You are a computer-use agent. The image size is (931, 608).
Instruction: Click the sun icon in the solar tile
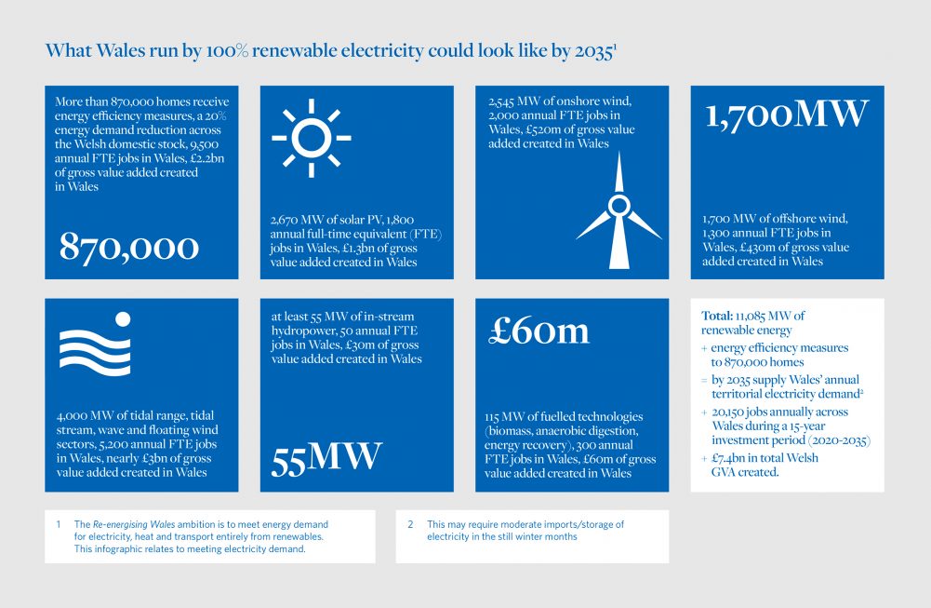(312, 138)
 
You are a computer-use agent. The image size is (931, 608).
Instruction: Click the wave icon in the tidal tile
(95, 345)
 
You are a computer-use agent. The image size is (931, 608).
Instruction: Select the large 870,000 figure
(129, 247)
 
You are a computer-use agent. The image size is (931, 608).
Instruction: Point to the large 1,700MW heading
(787, 115)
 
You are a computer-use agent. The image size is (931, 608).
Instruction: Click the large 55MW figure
(326, 459)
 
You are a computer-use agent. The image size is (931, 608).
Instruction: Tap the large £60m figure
(539, 331)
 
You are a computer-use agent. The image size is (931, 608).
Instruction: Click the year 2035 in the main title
(593, 51)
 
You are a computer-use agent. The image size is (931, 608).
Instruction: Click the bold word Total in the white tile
(717, 316)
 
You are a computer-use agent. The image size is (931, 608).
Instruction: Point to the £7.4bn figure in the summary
(728, 458)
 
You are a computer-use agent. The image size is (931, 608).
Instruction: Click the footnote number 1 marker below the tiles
(59, 524)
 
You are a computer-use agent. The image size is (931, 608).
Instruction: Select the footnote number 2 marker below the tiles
(410, 524)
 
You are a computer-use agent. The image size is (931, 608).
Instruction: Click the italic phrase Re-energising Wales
(134, 524)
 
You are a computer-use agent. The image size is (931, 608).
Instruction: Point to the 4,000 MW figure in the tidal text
(83, 415)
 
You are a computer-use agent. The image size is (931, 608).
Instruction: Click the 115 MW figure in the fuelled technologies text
(504, 416)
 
